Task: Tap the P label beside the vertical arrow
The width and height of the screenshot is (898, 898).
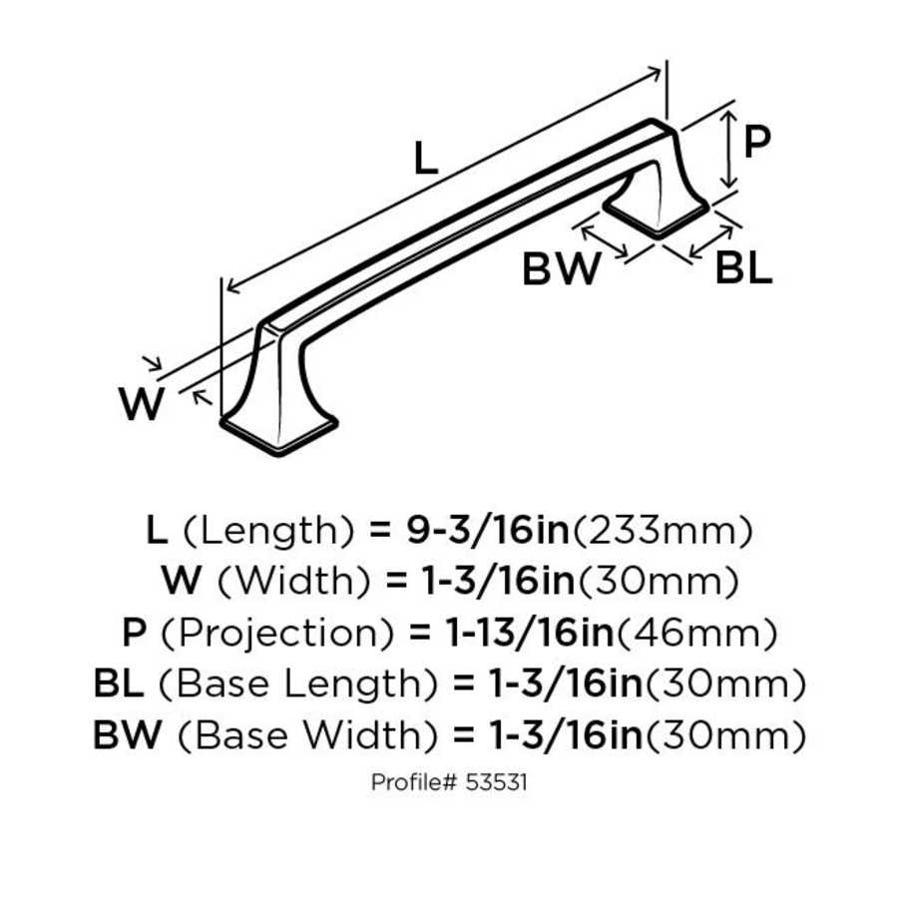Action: pos(758,143)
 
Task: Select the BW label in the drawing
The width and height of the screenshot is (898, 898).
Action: pos(562,268)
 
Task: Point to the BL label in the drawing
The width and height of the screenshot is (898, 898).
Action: pos(743,268)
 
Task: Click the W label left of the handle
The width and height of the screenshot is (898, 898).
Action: pos(141,404)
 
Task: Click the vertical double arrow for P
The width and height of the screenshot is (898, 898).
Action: pos(730,150)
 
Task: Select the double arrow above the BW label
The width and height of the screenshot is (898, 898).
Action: pos(606,240)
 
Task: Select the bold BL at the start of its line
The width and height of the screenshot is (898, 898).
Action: pos(119,684)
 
